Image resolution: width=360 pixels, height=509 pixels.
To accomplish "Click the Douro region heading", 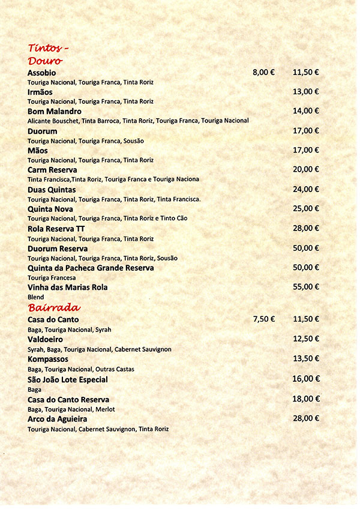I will click(x=46, y=61).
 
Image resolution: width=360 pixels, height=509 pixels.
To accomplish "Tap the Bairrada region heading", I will click(x=54, y=307).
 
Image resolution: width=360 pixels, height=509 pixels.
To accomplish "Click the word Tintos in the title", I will click(x=45, y=48).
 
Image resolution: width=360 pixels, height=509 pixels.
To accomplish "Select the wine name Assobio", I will click(x=41, y=73).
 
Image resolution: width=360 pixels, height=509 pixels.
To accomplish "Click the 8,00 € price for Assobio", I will click(x=263, y=72).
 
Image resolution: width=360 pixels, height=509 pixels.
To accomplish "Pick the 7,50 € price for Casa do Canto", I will click(x=263, y=319).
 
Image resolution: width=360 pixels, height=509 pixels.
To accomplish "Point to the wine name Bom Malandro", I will click(x=55, y=112).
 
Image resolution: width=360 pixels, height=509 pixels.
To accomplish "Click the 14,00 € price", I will click(x=306, y=111).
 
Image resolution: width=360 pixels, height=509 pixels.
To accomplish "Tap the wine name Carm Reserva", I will click(x=52, y=170).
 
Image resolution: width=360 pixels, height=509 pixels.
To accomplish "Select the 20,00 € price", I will click(x=306, y=169).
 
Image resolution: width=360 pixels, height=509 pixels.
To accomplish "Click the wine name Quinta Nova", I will click(x=50, y=209).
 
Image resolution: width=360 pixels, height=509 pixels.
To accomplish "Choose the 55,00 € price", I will click(x=306, y=287).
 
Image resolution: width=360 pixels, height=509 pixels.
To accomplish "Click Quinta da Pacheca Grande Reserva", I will click(x=91, y=268).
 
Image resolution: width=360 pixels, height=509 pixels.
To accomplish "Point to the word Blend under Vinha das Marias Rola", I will click(x=36, y=297).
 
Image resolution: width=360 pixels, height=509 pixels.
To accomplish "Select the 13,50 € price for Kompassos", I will click(x=306, y=358).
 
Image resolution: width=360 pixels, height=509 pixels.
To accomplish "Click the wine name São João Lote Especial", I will click(x=68, y=379).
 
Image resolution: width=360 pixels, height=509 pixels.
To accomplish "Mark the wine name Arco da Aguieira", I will click(x=58, y=418).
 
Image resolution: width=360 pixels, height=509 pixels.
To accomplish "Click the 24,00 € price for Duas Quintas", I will click(x=306, y=189).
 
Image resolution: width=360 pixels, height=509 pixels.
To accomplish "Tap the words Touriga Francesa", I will click(x=51, y=278).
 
